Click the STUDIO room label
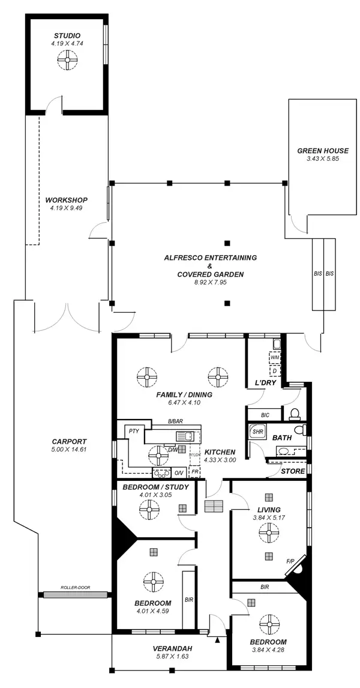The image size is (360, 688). [67, 36]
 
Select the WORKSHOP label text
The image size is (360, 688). [67, 200]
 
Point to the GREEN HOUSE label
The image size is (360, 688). [323, 151]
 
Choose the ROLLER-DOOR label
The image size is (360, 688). [75, 587]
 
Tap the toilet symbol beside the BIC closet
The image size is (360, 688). [294, 413]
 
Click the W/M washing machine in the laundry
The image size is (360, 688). [275, 358]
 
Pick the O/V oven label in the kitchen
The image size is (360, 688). [179, 472]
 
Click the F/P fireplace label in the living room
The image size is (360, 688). [290, 561]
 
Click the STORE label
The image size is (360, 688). [293, 471]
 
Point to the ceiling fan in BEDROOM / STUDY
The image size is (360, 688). [148, 511]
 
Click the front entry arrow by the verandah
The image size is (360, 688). [217, 640]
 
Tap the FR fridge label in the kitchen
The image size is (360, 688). [195, 472]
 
